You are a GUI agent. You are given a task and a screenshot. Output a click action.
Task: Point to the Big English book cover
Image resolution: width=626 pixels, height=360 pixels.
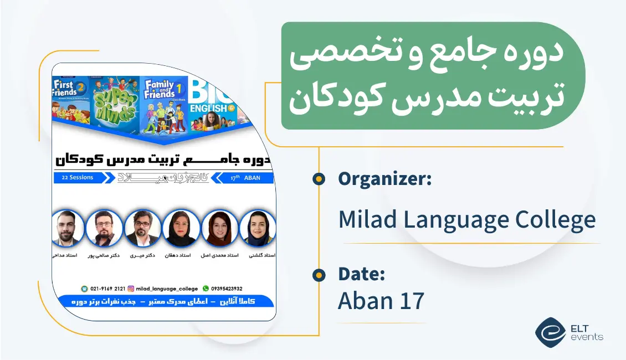pyautogui.click(x=213, y=100)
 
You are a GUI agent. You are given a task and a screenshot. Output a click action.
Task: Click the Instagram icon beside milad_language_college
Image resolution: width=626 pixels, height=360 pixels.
pyautogui.click(x=131, y=288)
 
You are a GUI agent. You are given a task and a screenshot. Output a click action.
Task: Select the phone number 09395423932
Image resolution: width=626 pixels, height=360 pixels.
pyautogui.click(x=227, y=288)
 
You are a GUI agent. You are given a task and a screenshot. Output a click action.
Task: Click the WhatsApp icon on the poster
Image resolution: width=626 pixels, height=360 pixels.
pyautogui.click(x=206, y=288)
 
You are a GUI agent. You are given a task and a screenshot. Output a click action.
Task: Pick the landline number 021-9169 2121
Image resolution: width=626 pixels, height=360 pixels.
pyautogui.click(x=107, y=288)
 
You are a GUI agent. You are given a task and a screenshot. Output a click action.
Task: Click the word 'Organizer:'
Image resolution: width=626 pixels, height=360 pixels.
pyautogui.click(x=384, y=179)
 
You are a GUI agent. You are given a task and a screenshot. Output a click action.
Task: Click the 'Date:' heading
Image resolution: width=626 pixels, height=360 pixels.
pyautogui.click(x=362, y=274)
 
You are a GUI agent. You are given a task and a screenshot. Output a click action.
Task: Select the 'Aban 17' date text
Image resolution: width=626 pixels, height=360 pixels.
pyautogui.click(x=381, y=301)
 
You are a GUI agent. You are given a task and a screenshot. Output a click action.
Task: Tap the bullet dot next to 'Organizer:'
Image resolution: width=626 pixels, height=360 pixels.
pyautogui.click(x=319, y=179)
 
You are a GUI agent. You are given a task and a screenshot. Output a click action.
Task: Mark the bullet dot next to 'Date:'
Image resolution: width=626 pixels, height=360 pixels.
pyautogui.click(x=319, y=275)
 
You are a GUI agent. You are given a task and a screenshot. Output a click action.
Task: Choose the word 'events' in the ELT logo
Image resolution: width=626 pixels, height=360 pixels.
pyautogui.click(x=588, y=337)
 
